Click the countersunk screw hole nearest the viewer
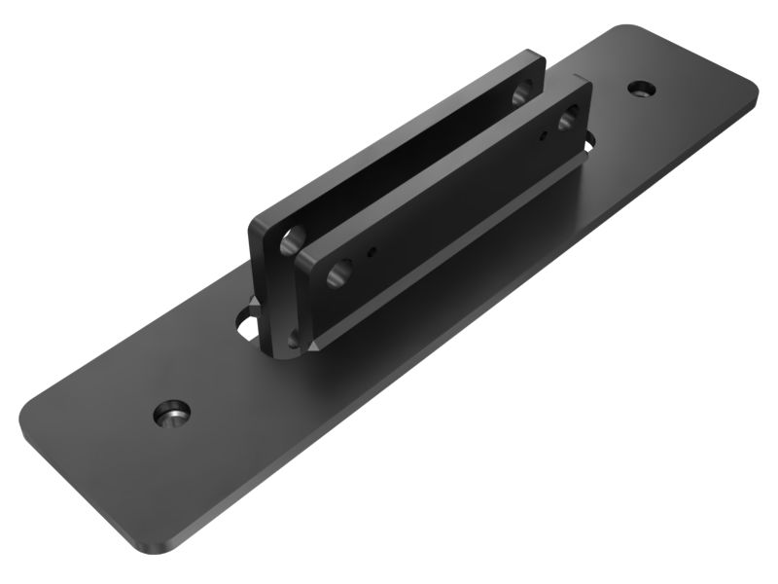coord(172,413)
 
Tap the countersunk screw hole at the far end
coord(640,89)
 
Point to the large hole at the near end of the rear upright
coord(290,239)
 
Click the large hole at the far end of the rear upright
coord(520,93)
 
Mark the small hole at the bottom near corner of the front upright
coord(295,342)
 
